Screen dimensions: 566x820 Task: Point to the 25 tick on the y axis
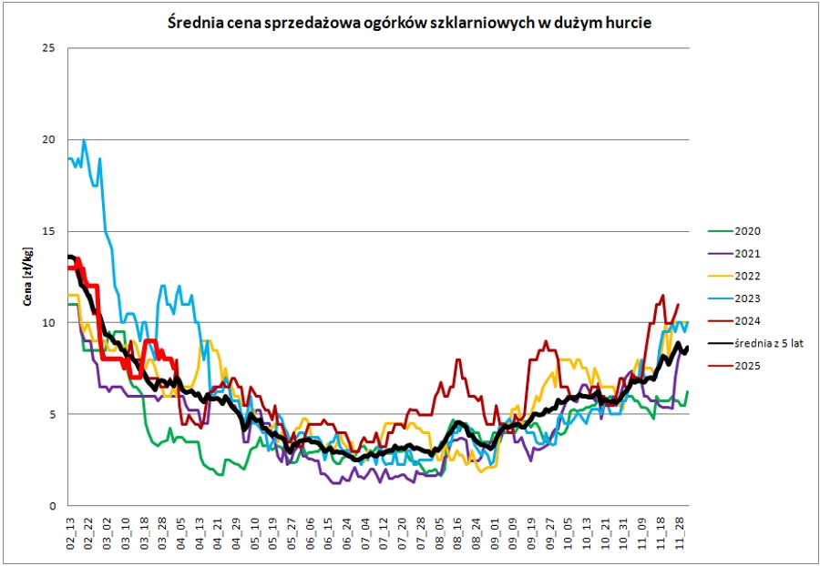[x=49, y=47]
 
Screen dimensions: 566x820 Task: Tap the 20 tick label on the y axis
[x=49, y=139]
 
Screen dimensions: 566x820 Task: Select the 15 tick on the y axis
[x=49, y=231]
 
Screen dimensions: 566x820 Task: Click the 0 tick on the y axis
[x=52, y=506]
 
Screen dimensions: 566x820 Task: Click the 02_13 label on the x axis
[x=70, y=531]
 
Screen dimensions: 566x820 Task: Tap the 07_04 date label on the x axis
[x=365, y=531]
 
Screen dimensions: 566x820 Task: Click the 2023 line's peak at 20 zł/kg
[x=85, y=140]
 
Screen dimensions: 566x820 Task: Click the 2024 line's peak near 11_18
[x=662, y=296]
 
